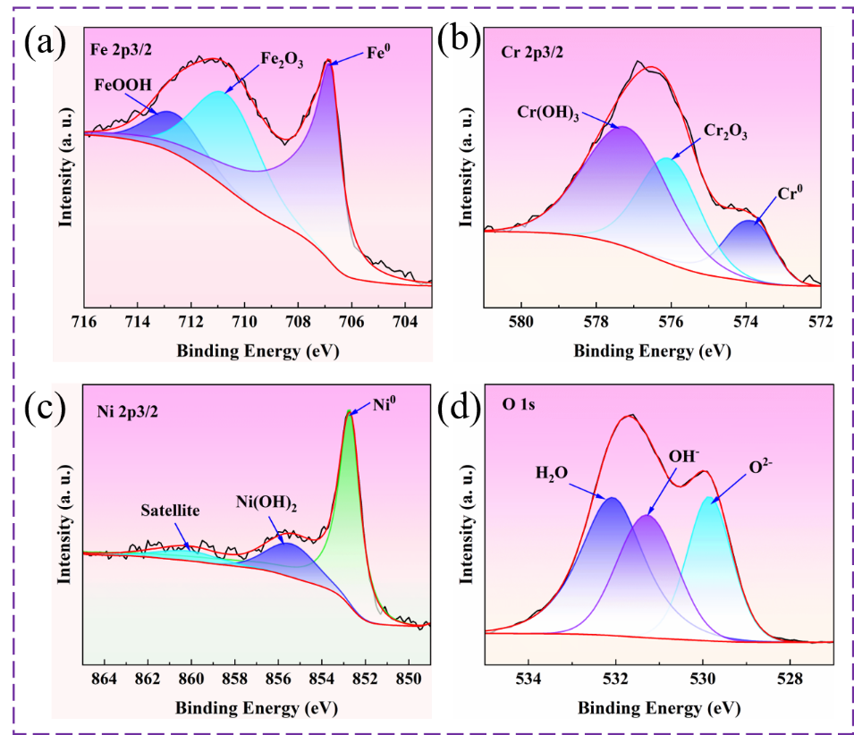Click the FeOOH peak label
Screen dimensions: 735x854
click(123, 86)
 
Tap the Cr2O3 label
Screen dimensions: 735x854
click(724, 131)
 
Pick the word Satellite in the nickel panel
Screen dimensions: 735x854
click(170, 511)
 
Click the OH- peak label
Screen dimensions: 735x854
click(684, 455)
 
